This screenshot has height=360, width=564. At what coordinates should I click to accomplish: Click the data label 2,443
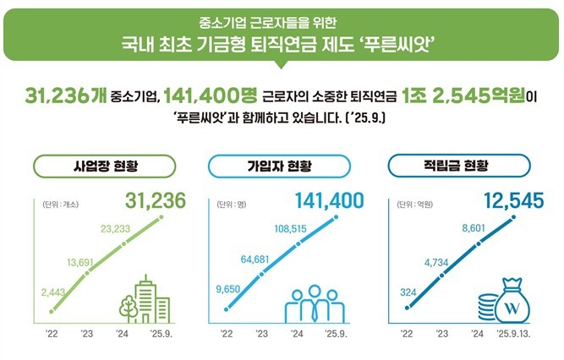click(x=52, y=293)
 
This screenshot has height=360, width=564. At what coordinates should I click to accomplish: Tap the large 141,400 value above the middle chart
click(x=330, y=200)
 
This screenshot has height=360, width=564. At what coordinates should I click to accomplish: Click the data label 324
click(x=408, y=292)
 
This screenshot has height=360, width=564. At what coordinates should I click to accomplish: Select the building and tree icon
click(x=143, y=297)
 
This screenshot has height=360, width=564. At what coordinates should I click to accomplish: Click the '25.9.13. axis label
click(x=514, y=334)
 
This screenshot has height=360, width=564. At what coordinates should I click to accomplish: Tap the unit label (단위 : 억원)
click(x=409, y=204)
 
